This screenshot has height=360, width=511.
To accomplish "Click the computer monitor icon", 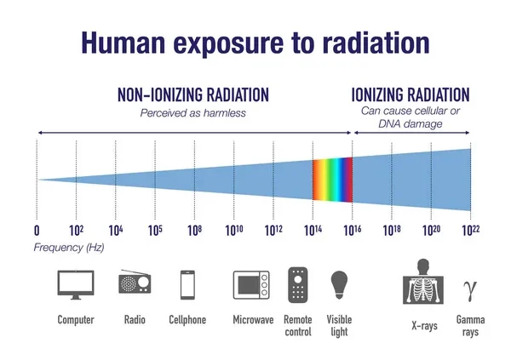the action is click(x=76, y=284).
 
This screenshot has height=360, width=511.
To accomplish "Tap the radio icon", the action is click(x=135, y=282).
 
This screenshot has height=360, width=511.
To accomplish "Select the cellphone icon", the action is click(x=187, y=285).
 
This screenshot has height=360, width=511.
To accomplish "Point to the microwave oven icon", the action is click(x=251, y=285).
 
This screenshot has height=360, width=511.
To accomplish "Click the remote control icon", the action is click(x=298, y=285).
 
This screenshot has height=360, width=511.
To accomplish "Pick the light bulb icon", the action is click(x=339, y=284).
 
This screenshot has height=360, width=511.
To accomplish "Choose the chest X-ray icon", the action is click(x=423, y=282).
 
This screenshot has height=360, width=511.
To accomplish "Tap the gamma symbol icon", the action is click(x=470, y=290).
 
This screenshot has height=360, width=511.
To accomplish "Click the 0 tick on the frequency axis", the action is click(x=37, y=231).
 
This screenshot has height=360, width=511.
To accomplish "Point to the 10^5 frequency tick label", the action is click(x=155, y=231).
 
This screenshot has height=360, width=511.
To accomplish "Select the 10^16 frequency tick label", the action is click(x=353, y=231).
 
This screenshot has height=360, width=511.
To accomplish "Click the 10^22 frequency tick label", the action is click(x=471, y=231).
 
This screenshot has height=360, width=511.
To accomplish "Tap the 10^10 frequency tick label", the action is click(x=234, y=231).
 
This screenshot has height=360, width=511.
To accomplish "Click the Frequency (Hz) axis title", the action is click(x=69, y=248).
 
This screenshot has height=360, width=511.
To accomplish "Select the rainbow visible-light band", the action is click(x=332, y=180).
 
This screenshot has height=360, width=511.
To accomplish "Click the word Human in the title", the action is click(x=123, y=43).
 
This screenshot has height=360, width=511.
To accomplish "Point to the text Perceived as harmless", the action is click(x=193, y=113).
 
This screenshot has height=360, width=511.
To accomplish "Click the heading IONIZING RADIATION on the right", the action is click(x=411, y=94).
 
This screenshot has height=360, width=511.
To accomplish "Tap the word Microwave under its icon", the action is click(x=253, y=320).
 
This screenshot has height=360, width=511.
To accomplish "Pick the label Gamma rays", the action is click(x=470, y=325).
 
